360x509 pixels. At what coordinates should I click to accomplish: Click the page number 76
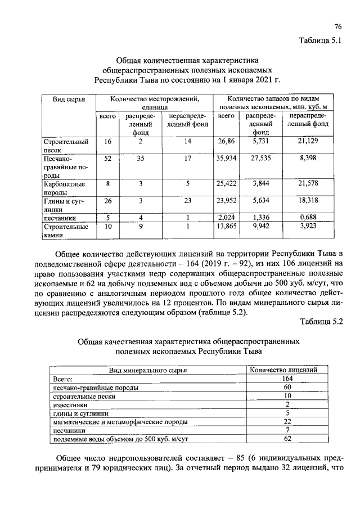tap(338, 26)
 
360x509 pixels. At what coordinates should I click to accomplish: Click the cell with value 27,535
tap(262, 159)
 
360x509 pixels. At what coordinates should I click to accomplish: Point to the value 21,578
tap(308, 184)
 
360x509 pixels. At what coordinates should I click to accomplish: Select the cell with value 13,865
tap(226, 226)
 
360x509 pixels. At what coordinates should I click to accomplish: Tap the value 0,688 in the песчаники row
tap(308, 217)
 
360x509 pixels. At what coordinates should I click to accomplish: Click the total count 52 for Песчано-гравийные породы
tap(107, 159)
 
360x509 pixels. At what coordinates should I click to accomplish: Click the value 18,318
tap(308, 200)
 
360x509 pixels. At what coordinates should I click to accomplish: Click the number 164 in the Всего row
tap(287, 379)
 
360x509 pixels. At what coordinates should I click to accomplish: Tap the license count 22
tap(287, 421)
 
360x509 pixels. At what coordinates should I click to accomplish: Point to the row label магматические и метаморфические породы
tap(120, 421)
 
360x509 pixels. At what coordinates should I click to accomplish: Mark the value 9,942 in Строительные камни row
tap(262, 226)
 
